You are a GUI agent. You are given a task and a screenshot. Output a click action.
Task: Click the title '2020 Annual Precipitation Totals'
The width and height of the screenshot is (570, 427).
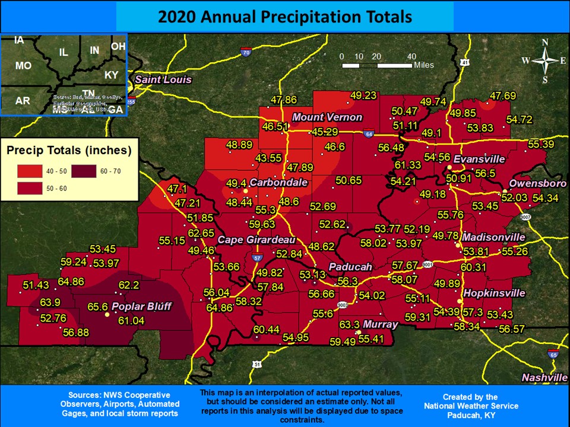click(x=284, y=17)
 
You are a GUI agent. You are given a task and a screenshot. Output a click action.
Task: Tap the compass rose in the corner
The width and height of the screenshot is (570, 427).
click(x=544, y=60)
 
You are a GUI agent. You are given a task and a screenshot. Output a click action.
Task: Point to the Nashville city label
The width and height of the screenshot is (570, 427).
click(x=544, y=378)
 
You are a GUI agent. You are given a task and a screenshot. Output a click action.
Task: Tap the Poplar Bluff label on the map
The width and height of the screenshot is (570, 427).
click(x=141, y=307)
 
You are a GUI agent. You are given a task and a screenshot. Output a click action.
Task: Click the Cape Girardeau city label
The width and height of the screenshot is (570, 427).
click(x=256, y=240)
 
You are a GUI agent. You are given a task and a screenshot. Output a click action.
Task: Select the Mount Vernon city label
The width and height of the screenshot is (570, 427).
click(x=325, y=117)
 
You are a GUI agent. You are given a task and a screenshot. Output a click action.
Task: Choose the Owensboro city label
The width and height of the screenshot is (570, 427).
click(x=534, y=183)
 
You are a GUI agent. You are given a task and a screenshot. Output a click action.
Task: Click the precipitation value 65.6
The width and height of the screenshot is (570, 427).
click(x=97, y=307)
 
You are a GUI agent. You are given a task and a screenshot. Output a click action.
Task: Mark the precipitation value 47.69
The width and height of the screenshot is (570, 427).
click(x=503, y=95)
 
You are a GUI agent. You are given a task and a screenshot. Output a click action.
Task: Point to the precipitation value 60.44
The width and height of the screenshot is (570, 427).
click(x=266, y=329)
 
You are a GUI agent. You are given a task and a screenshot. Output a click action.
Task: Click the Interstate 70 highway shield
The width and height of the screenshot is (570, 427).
click(x=246, y=53)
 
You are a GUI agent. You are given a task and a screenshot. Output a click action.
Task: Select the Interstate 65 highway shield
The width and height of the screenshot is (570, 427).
click(x=553, y=354)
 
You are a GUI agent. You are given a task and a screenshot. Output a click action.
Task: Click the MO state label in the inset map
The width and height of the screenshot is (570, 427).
click(x=23, y=66)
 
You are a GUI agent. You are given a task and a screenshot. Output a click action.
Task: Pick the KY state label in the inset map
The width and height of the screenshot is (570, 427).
click(x=111, y=75)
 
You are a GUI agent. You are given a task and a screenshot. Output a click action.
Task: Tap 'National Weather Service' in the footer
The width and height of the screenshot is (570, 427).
click(x=471, y=406)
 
